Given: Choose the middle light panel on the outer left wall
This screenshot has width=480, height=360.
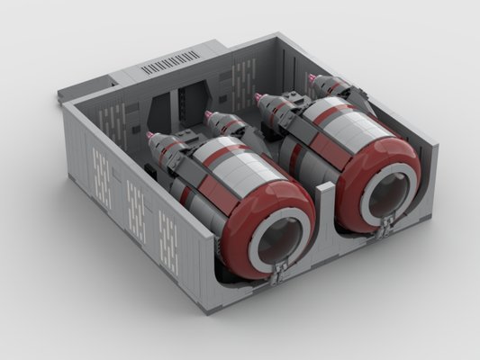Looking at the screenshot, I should tap(135, 203).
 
